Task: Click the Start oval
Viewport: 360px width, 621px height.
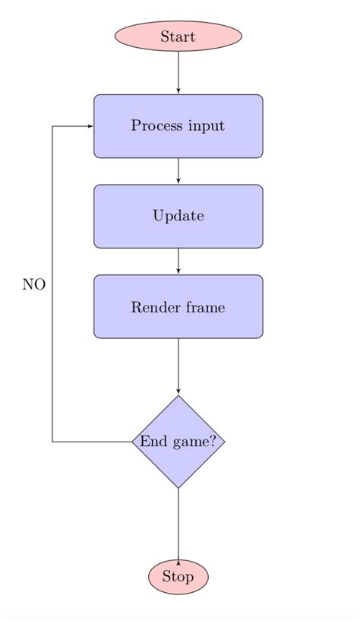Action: pyautogui.click(x=178, y=36)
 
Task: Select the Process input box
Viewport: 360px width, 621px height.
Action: pyautogui.click(x=178, y=126)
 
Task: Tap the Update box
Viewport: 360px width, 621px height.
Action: pyautogui.click(x=178, y=216)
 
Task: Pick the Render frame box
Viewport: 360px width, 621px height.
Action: pyautogui.click(x=178, y=306)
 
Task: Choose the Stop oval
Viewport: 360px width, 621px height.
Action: pyautogui.click(x=178, y=577)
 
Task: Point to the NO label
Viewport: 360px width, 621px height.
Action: pyautogui.click(x=33, y=284)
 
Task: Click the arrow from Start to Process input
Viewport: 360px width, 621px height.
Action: pyautogui.click(x=178, y=72)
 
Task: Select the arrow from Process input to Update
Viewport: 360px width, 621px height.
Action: pyautogui.click(x=178, y=171)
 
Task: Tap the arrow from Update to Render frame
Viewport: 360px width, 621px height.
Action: pyautogui.click(x=178, y=261)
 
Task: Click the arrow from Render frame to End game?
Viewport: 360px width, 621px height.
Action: pyautogui.click(x=178, y=366)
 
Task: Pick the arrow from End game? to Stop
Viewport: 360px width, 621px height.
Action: pyautogui.click(x=178, y=524)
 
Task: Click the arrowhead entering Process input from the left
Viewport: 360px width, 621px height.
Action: pyautogui.click(x=90, y=126)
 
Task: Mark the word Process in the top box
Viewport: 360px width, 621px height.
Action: pyautogui.click(x=155, y=126)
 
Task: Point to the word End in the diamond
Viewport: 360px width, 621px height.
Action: pyautogui.click(x=150, y=442)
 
